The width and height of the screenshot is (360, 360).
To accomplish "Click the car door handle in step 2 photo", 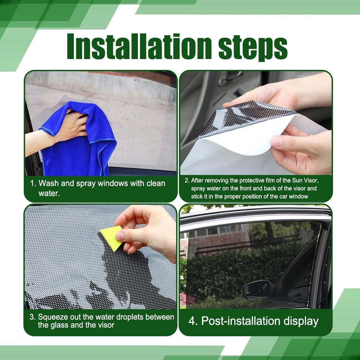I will click(x=230, y=77).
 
